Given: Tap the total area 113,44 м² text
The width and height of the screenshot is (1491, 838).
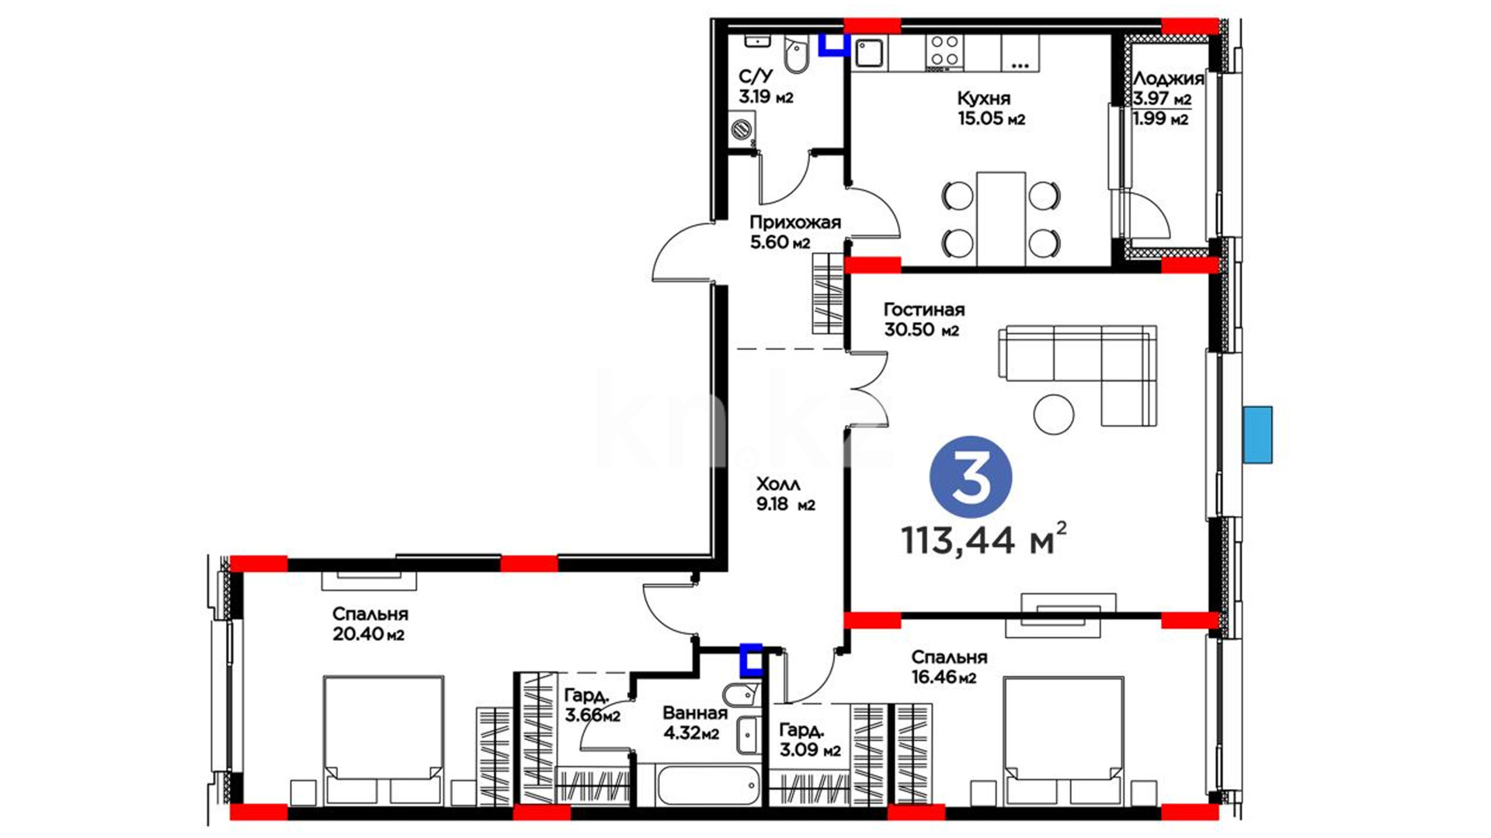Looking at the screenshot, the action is [984, 539].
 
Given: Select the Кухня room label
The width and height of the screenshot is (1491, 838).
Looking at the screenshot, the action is [984, 99].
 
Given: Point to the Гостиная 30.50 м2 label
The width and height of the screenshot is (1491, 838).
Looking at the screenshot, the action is [924, 320].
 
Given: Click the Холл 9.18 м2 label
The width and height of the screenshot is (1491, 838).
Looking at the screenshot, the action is [786, 494].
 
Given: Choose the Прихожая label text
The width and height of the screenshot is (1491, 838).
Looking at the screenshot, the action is [795, 223].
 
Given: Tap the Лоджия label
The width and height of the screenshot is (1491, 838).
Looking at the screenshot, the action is [1169, 78].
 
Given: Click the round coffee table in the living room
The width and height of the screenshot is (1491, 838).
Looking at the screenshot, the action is [1054, 414].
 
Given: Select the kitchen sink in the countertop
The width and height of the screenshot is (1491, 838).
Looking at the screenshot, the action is [870, 54].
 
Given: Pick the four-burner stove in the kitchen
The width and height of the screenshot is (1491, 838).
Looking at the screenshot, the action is [944, 52].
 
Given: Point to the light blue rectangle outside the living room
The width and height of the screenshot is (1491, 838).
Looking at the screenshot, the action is [1257, 435].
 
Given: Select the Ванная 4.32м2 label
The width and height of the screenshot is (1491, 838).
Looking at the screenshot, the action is [695, 722].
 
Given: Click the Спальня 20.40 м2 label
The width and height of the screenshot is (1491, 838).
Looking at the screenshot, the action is [370, 624].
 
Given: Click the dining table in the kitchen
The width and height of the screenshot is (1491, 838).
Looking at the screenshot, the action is [1001, 219].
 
